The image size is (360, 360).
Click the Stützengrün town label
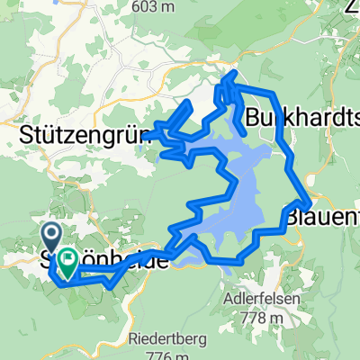tap(81, 138)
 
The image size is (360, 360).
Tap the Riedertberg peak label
tap(167, 340)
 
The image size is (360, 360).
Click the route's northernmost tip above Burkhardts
tap(234, 73)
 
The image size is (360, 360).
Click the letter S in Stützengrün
tap(25, 138)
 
